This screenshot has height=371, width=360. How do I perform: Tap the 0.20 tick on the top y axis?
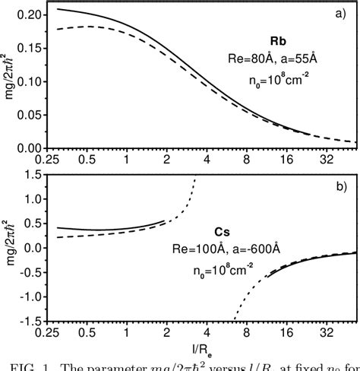tap(30, 15)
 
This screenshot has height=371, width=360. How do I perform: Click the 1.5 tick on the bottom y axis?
tap(34, 176)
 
